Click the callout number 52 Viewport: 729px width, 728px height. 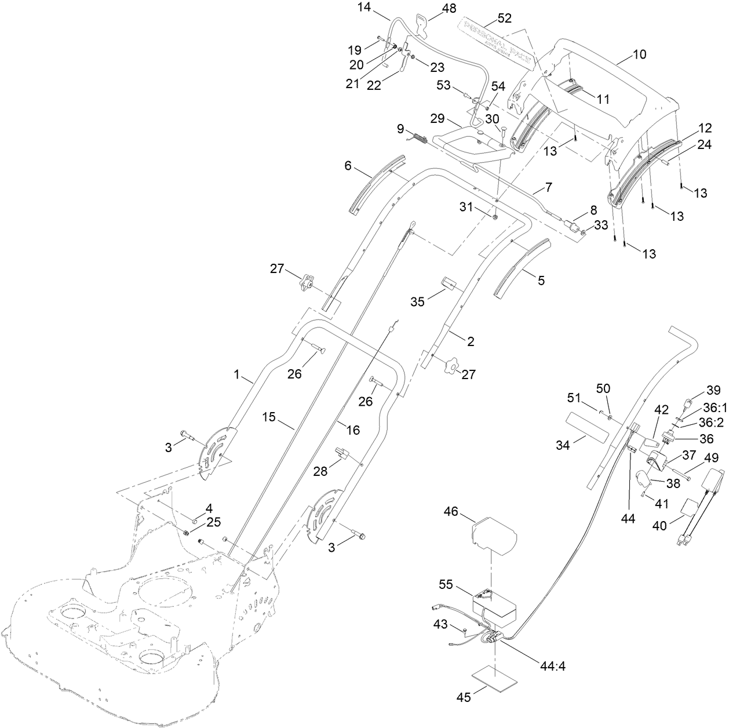[504, 19]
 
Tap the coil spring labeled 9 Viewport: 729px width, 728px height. [419, 139]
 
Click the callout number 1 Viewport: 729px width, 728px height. [236, 376]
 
